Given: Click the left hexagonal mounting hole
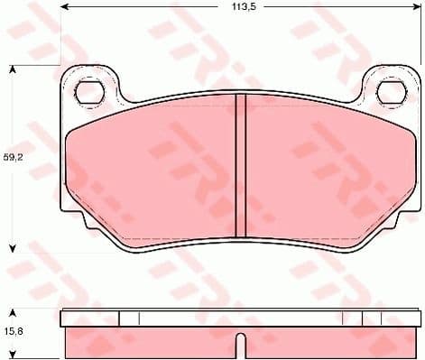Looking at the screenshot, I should (x=88, y=91).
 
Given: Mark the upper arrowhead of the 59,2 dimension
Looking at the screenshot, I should (x=13, y=69).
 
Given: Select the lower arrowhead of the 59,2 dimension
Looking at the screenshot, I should (x=13, y=248).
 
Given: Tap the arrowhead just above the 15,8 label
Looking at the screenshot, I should (x=13, y=309).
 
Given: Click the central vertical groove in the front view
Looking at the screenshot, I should (x=240, y=167).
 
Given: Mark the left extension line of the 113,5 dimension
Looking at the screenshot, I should (x=60, y=36).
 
